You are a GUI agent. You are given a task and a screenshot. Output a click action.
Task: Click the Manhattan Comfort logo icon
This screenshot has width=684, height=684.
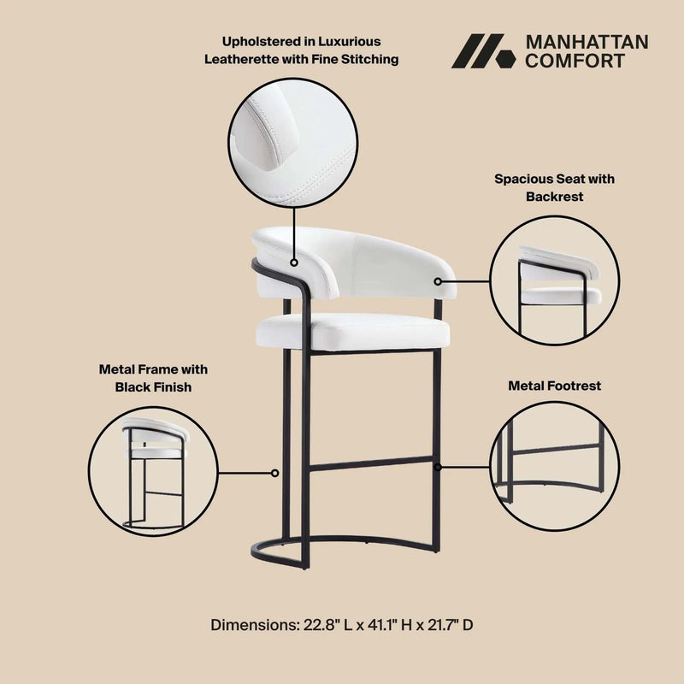(x=483, y=51)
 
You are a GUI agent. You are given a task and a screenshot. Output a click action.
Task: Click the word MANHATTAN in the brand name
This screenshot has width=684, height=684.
(x=587, y=42)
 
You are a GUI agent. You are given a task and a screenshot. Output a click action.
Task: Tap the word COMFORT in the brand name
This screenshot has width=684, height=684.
(x=575, y=61)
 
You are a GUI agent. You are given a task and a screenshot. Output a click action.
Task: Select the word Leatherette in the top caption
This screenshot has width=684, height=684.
(x=242, y=59)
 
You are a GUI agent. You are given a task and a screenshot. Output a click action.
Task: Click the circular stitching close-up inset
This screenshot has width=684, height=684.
(x=292, y=143)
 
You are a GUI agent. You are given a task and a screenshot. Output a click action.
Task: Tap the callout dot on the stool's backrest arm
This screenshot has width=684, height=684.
(x=294, y=262)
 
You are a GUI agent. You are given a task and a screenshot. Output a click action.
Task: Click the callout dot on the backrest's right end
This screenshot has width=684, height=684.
(x=438, y=282)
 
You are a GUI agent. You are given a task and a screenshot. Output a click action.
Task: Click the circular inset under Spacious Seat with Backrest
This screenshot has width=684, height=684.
(x=554, y=280)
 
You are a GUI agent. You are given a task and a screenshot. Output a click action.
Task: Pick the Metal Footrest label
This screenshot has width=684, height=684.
(x=554, y=386)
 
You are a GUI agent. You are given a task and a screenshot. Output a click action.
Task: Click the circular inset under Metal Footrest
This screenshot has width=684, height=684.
(x=555, y=466)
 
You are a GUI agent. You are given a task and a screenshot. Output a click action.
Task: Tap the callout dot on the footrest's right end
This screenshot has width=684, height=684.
(x=438, y=467)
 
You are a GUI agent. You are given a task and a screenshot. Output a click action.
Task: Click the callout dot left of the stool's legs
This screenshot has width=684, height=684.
(x=274, y=473)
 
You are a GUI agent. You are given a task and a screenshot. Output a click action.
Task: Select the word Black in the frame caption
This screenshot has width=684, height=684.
(x=134, y=387)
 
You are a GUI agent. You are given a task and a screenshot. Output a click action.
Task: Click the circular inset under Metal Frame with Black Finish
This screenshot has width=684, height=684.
(x=153, y=472)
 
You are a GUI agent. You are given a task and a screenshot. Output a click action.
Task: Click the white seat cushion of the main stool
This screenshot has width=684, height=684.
(x=353, y=331)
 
